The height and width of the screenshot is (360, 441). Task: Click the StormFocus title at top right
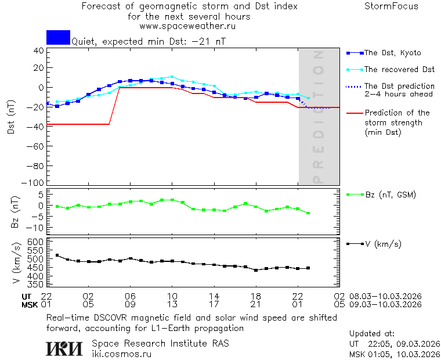coord(391,6)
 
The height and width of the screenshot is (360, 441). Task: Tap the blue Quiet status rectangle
coord(58,37)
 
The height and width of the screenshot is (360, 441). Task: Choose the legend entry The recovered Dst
coord(399,69)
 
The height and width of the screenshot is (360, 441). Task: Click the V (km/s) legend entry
coord(382,244)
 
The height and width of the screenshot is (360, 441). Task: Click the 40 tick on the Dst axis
coord(39,50)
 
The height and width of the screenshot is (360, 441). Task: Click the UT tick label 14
coord(214,296)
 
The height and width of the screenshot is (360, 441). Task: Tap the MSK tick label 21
coord(256,304)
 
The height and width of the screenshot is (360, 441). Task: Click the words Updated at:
coord(372,334)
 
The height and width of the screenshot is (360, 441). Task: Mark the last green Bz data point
coord(308,213)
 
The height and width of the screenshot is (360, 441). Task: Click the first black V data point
coord(57,255)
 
